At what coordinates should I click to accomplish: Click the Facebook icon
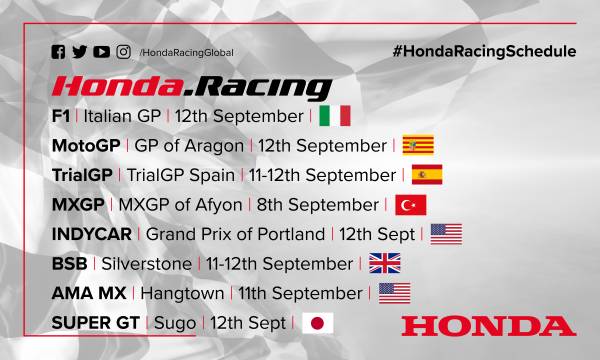coord(59,52)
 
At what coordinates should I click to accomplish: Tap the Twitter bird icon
coord(80,52)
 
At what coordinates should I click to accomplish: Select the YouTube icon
coord(102,52)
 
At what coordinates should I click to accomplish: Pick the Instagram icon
coord(124,52)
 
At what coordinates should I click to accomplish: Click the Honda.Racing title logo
coord(192,86)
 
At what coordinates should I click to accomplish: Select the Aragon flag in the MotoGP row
coord(417,145)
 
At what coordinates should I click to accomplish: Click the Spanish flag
coord(427,174)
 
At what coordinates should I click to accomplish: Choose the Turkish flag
coord(411,204)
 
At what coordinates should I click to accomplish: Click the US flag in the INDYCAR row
coord(446,234)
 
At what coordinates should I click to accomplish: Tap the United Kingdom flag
coord(384,264)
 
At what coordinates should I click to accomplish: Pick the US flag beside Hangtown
coord(395,293)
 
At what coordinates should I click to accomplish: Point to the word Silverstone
coord(144,264)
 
